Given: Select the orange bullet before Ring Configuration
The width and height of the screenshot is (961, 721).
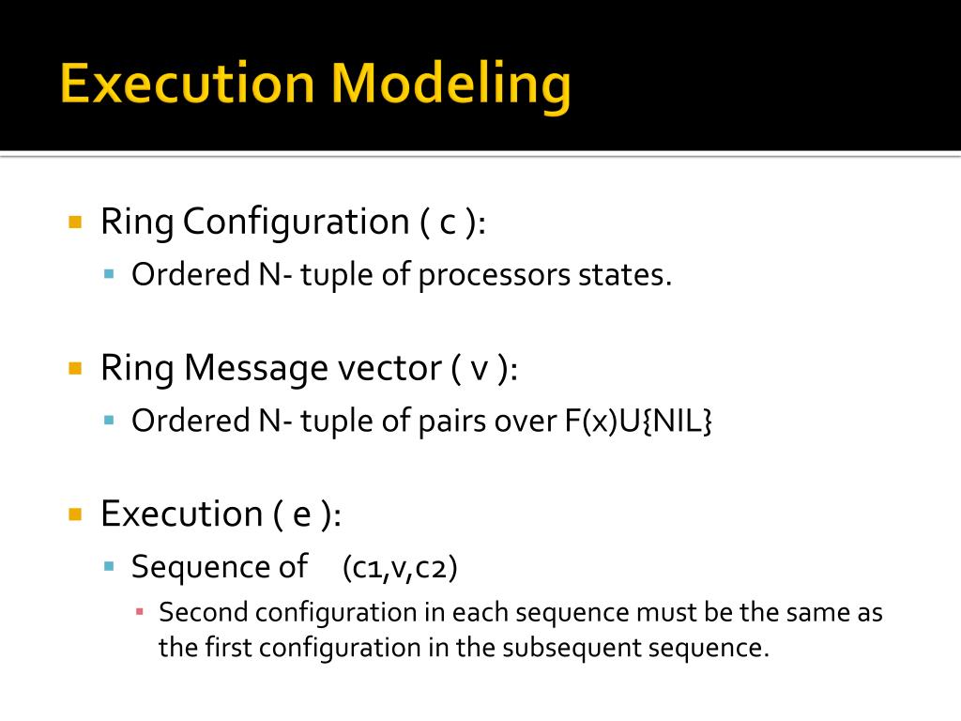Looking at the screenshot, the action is click(x=76, y=222).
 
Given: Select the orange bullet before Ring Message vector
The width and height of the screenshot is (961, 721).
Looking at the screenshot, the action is click(x=76, y=368).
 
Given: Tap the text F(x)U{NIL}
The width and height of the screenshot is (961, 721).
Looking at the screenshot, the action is click(x=639, y=421).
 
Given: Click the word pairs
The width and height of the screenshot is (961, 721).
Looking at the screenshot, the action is click(x=453, y=421).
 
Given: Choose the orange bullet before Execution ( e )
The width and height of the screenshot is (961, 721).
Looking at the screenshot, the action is click(x=76, y=514).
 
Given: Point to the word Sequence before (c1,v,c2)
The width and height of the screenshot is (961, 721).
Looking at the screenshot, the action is click(x=191, y=567).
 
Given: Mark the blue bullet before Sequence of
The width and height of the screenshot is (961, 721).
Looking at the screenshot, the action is click(x=108, y=566).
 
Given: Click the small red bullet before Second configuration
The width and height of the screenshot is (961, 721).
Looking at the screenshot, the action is click(x=139, y=612).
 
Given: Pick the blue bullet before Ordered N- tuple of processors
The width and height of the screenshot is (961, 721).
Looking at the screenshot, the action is click(x=108, y=274).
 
